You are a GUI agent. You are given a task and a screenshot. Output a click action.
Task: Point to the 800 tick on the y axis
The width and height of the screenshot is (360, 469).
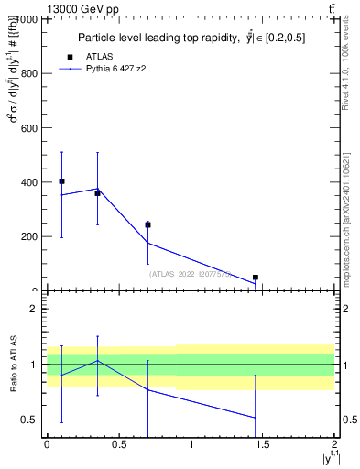27,73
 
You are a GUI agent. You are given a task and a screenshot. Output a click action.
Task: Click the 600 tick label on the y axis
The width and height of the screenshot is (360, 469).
27,127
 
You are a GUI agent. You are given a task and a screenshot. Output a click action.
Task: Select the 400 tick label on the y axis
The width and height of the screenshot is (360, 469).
27,182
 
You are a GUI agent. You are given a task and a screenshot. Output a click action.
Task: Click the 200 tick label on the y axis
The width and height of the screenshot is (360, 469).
27,236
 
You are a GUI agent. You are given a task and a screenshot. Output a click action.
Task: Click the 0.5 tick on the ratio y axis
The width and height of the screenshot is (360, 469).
29,420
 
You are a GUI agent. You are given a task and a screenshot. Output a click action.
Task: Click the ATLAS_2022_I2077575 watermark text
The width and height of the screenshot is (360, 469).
190,274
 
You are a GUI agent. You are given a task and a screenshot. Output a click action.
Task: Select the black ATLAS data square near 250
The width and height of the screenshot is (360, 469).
147,224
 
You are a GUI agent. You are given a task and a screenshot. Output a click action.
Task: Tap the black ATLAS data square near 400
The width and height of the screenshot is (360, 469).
61,181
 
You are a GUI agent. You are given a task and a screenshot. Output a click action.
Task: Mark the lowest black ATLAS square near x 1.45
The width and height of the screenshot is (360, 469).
256,277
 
